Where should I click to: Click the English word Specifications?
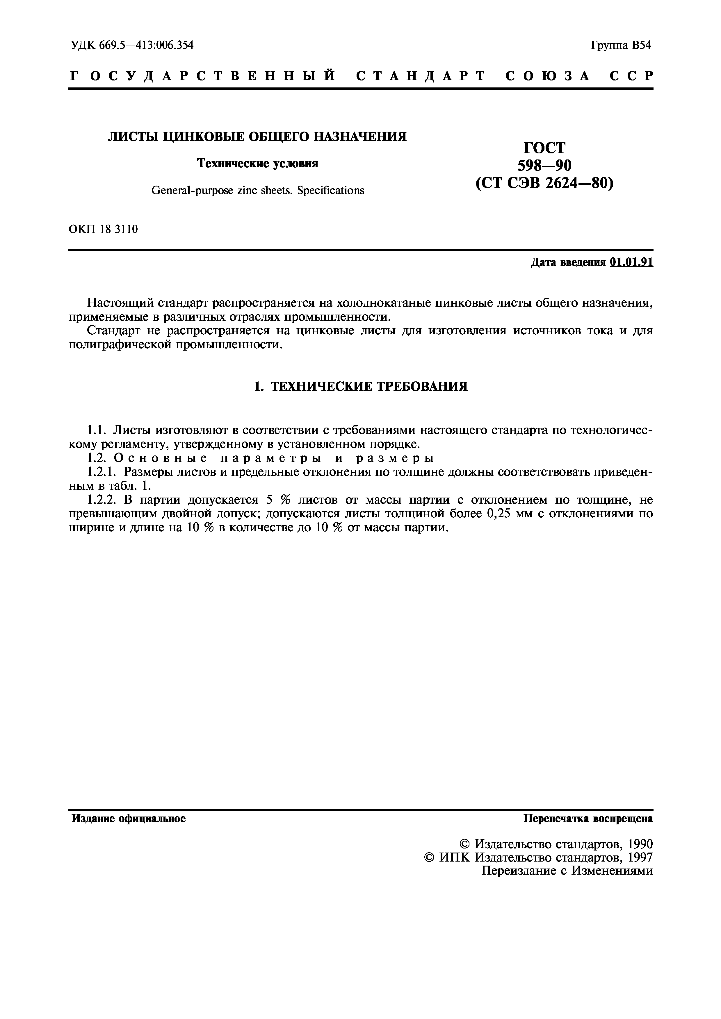pyautogui.click(x=330, y=190)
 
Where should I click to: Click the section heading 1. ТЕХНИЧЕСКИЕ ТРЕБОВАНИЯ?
pyautogui.click(x=360, y=387)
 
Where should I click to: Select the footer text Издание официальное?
pyautogui.click(x=129, y=818)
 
